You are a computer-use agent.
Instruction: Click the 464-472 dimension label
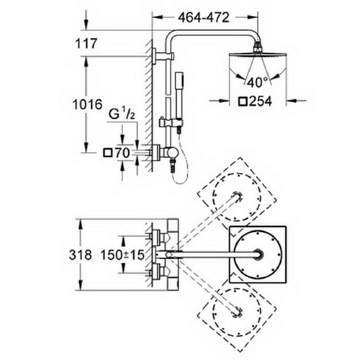click(204, 18)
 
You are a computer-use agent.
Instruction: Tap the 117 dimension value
click(86, 44)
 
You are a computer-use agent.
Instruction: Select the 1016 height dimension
click(87, 104)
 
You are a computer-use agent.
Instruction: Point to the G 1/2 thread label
click(121, 114)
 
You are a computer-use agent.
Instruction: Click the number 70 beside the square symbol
click(122, 153)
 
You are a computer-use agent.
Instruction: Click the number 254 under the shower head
click(261, 101)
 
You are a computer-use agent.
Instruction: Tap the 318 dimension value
click(81, 255)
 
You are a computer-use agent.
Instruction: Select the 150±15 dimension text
click(122, 255)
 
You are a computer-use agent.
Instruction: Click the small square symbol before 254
click(243, 102)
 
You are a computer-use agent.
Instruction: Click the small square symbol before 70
click(108, 153)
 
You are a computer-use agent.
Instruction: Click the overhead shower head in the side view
click(258, 55)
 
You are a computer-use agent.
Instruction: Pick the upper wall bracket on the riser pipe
click(163, 55)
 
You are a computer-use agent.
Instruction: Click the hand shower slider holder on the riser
click(171, 122)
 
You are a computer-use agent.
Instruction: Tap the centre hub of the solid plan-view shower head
click(258, 255)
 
